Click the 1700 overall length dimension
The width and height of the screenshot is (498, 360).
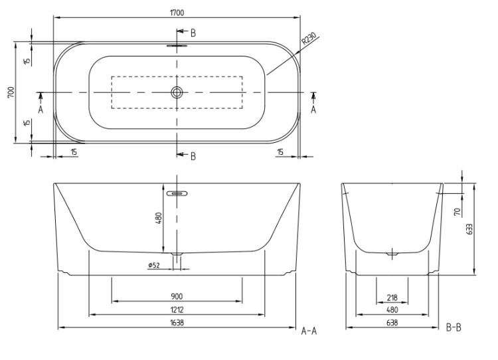tap(177, 13)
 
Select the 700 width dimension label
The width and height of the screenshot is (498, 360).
tap(11, 92)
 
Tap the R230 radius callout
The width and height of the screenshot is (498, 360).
tap(309, 39)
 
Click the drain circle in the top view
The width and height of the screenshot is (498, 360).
tap(177, 92)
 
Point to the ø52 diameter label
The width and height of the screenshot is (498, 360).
tap(154, 264)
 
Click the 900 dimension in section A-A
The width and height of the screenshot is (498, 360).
tap(177, 296)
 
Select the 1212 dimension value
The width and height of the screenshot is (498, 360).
tap(177, 310)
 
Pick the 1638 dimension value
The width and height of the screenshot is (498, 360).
tap(177, 323)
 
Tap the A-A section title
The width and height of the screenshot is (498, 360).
tap(309, 331)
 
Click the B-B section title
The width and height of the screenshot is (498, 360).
tap(454, 327)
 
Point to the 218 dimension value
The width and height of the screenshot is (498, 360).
tap(392, 298)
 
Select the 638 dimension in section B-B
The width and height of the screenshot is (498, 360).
tap(392, 323)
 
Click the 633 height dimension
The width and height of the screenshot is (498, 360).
tap(469, 229)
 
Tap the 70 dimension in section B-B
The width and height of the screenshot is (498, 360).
tap(457, 212)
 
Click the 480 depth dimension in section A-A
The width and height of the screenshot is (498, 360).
tap(159, 218)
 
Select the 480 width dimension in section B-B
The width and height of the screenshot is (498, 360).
tap(392, 310)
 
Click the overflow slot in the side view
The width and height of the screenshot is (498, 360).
tap(177, 193)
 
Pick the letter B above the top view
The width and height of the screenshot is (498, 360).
tap(193, 33)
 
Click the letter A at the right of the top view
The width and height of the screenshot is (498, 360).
tap(313, 110)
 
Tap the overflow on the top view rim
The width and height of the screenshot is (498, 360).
tap(177, 45)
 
